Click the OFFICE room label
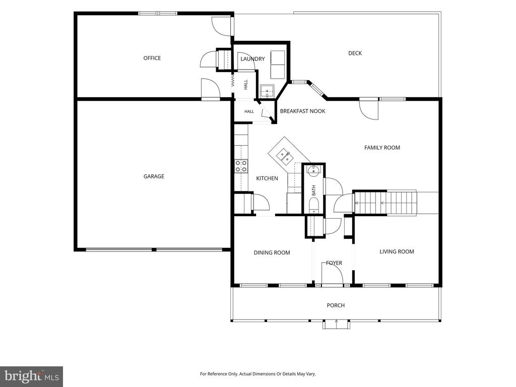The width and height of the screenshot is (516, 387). point(152,58)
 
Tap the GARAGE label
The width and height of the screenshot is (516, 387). point(154,176)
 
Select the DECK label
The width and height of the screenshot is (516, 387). point(355,53)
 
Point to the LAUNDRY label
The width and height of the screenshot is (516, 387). point(252,59)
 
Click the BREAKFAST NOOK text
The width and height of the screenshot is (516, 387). point(302,111)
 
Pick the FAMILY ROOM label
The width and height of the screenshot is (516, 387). point(382,148)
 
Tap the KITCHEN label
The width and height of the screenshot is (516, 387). point(267,178)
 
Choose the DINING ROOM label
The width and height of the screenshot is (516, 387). point(272,253)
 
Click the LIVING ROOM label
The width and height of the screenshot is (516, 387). point(397,252)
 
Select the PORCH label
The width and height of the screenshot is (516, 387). point(336,305)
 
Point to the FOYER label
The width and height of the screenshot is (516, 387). point(334,263)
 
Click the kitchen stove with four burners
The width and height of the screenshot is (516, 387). point(241,166)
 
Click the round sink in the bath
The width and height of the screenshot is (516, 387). point(313,170)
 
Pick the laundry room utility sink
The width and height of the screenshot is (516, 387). point(267,91)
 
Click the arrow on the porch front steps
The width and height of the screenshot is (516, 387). point(336,324)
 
